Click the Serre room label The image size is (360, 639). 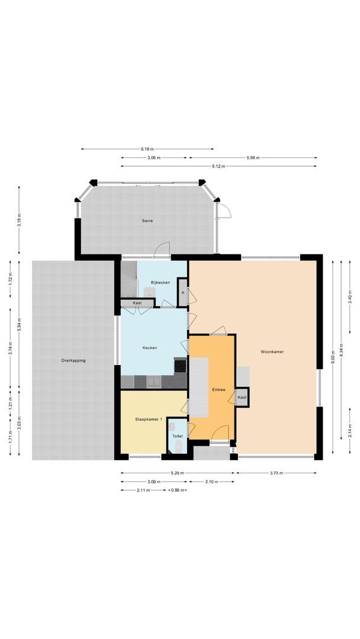click(x=147, y=221)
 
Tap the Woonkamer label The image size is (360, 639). click(x=272, y=351)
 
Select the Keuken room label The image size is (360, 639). click(x=150, y=348)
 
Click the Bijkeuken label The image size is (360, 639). click(x=160, y=282)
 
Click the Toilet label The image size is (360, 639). click(x=177, y=436)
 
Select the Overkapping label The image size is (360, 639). click(x=73, y=360)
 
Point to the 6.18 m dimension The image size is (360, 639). click(x=147, y=149)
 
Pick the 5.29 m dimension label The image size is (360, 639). click(x=177, y=473)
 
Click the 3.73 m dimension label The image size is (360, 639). click(x=276, y=473)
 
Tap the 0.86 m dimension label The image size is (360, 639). click(x=176, y=490)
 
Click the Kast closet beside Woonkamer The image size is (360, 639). click(x=242, y=398)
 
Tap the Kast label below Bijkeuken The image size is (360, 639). click(x=137, y=303)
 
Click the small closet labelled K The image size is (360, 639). click(x=183, y=293)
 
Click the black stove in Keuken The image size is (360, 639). click(x=180, y=366)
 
